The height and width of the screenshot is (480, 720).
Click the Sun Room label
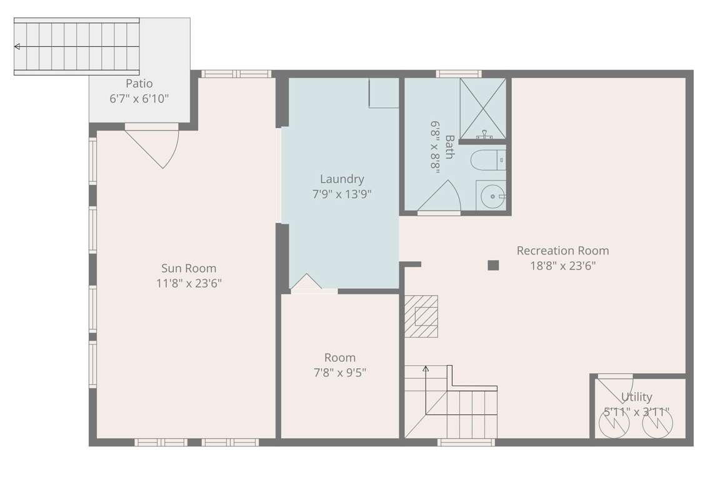[x=189, y=268]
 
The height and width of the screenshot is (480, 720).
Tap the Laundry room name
[x=342, y=179]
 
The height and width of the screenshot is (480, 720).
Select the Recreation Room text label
[x=563, y=251]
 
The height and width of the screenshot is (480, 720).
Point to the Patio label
[x=139, y=84]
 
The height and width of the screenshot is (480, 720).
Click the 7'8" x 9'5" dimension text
[x=340, y=372]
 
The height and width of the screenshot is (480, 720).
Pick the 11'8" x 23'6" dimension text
[x=189, y=283]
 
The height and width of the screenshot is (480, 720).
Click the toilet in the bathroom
[x=487, y=160]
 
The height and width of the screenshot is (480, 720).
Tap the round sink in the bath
[x=491, y=196]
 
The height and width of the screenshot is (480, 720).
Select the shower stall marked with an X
[x=483, y=108]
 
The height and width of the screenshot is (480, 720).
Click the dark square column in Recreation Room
[x=493, y=265]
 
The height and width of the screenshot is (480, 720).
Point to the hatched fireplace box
[x=421, y=316]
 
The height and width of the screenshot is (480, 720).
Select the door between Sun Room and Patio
[x=151, y=146]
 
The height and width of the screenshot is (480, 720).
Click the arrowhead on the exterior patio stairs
[x=17, y=46]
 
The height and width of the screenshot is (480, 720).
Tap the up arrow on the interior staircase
[x=426, y=368]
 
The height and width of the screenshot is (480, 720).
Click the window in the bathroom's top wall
[x=459, y=74]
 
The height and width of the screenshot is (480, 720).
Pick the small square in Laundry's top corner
[x=384, y=92]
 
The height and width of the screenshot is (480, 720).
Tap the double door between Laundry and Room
[x=314, y=284]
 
